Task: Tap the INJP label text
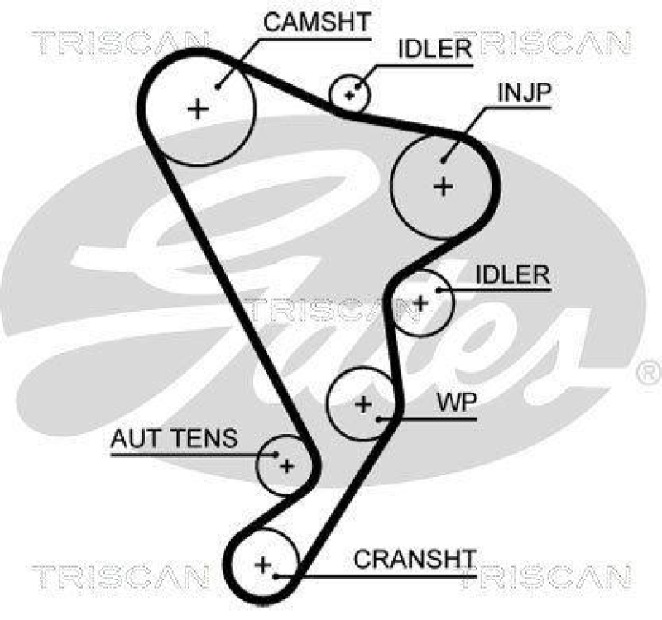(523, 93)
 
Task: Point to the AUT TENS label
(174, 439)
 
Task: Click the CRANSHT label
(415, 559)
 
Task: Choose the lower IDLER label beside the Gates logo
(512, 274)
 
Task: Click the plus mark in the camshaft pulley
(198, 109)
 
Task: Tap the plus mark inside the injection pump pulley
(444, 186)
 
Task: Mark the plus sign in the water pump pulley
(363, 404)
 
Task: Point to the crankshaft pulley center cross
(263, 565)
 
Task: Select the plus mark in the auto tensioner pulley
(285, 466)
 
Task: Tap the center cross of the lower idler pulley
(420, 303)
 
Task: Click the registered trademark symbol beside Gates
(645, 374)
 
